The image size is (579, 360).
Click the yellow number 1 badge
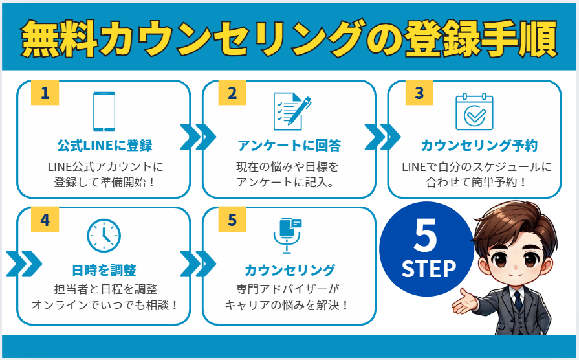pos(45,93)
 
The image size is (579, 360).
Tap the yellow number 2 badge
pos(232,93)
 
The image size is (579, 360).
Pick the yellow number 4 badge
pos(45,220)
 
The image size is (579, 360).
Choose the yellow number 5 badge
pos(232,220)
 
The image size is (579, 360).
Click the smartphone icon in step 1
pos(104,111)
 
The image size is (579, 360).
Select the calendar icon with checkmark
pos(474,112)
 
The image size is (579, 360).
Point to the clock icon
pos(104,236)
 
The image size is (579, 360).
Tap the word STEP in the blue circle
pos(428,268)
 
